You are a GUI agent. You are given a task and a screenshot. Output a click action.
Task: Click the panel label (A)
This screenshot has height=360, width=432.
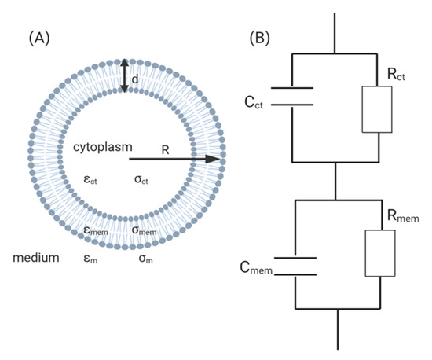click(42, 36)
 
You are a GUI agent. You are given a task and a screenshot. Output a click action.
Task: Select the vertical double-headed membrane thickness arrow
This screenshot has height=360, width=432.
click(123, 76)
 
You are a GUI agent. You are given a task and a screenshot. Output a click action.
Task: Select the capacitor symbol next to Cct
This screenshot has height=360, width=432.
click(292, 96)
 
